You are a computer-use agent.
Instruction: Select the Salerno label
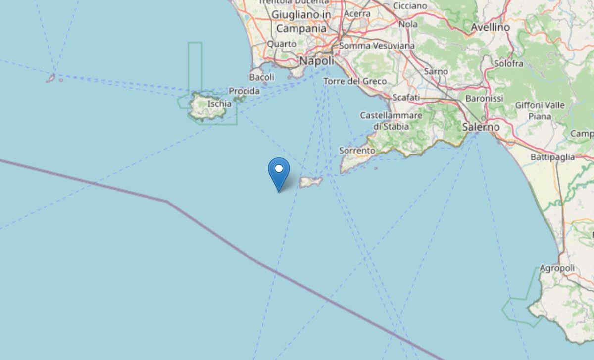coord(481,127)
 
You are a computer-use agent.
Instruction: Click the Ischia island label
coord(219,104)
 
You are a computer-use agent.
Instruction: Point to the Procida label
coord(244,91)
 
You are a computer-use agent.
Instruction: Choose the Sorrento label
coord(357,150)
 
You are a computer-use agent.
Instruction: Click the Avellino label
coord(490,28)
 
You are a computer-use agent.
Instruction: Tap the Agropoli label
coord(557,268)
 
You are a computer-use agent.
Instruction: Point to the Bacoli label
coord(262,77)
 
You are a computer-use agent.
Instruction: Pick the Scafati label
coord(405,97)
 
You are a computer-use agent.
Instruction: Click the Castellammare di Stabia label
coord(391,121)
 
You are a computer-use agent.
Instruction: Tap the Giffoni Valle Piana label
coord(540,110)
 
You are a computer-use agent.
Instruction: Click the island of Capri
coord(311,182)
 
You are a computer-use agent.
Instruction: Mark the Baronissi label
coord(484,99)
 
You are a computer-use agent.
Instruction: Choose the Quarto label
coord(282,44)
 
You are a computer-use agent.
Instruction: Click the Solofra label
coord(508,63)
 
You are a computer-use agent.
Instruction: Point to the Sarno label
coord(436,72)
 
